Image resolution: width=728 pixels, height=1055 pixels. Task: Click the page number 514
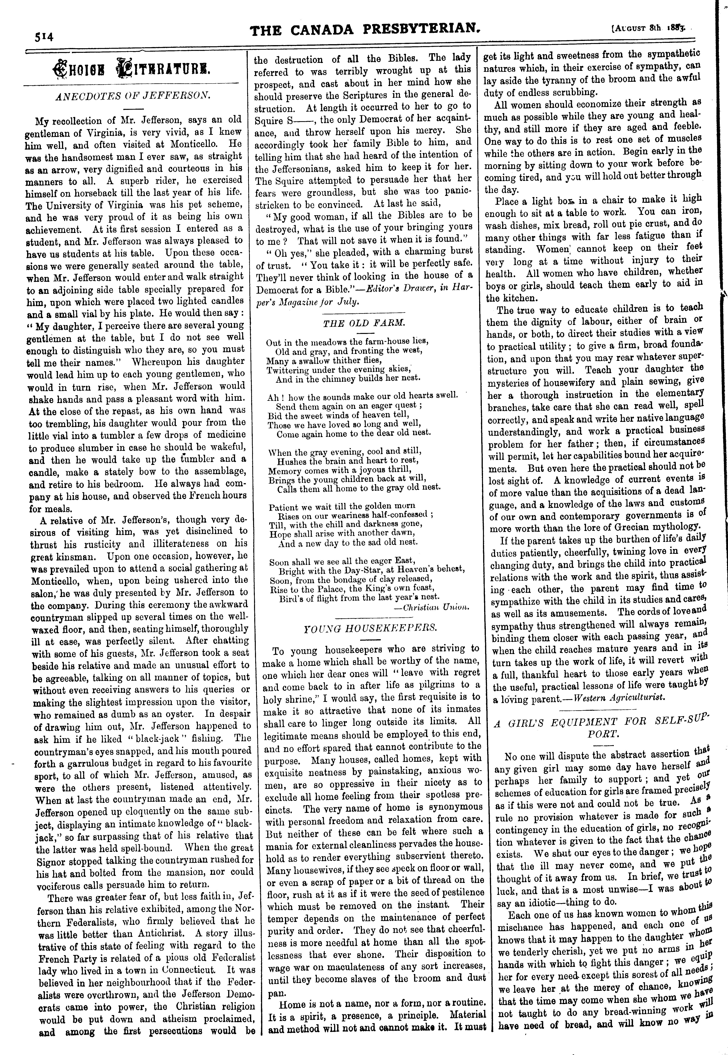pyautogui.click(x=43, y=36)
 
